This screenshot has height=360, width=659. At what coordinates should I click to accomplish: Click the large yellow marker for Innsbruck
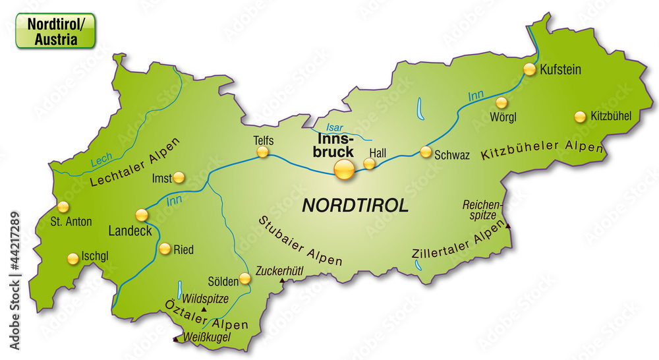coord(344,169)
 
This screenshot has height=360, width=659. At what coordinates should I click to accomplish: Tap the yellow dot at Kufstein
coord(529,69)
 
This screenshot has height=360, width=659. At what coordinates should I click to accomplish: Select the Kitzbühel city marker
coord(580,117)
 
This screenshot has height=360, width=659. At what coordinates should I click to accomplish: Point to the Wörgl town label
coord(503,117)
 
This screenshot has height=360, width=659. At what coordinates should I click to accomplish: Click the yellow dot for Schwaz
coord(426,152)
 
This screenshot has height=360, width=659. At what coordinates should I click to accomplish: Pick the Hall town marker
coord(370,163)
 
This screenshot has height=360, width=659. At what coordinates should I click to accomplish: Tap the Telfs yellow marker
coord(263,152)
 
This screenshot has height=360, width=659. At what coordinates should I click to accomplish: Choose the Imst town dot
coord(179,177)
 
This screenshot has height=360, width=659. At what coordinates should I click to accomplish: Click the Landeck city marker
coord(142,214)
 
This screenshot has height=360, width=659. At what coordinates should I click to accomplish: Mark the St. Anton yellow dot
coord(63,207)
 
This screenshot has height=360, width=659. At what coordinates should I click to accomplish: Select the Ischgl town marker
coord(72,258)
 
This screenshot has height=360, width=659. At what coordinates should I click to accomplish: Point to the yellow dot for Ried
coord(164,249)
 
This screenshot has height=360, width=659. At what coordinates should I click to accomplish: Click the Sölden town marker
coord(245,279)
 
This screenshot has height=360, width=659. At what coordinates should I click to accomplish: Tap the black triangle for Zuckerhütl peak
coord(283,281)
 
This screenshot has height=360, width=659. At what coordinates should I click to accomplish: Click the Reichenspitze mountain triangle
coord(508,226)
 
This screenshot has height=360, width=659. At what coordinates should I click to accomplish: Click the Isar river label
coord(335,127)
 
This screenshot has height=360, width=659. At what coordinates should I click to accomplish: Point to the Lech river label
coord(101,159)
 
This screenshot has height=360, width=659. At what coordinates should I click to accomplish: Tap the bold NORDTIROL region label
coord(355,204)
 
